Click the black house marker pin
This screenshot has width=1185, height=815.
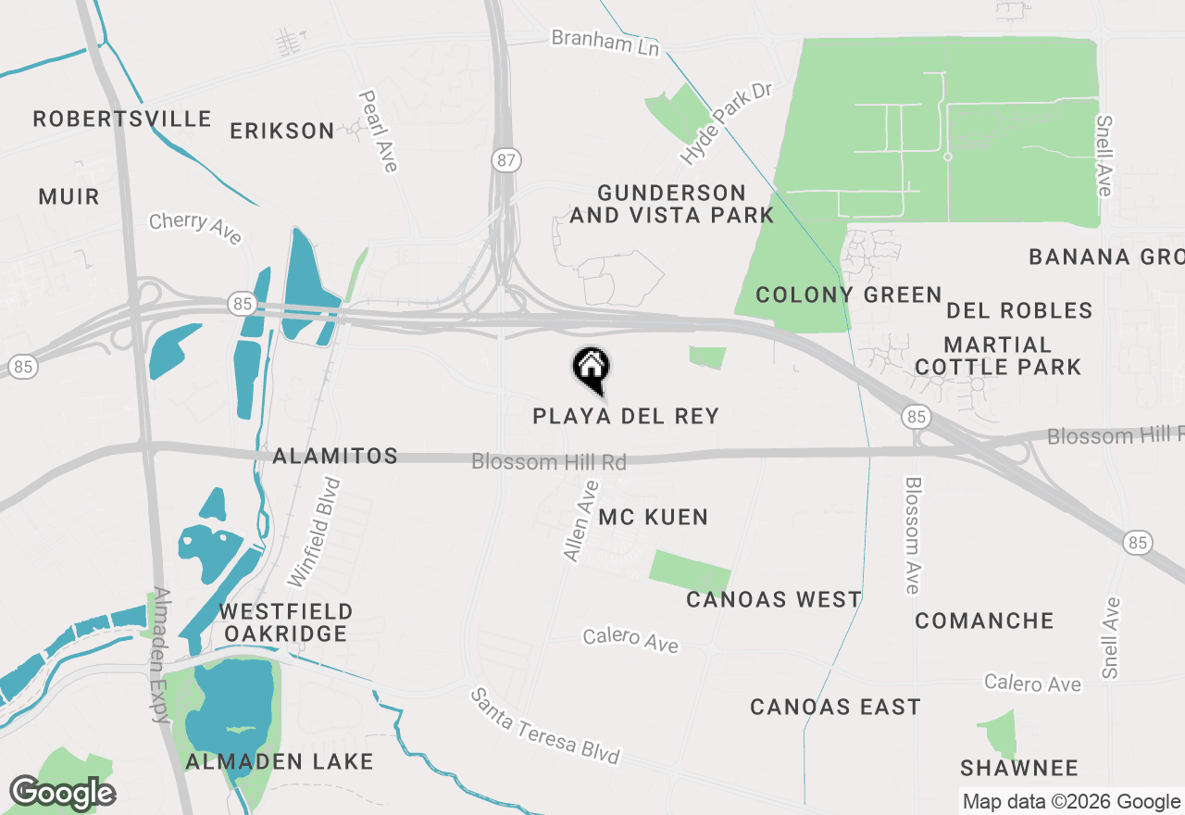tap(591, 368)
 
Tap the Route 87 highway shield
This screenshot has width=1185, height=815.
tap(505, 160)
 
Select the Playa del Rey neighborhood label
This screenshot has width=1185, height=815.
tap(626, 416)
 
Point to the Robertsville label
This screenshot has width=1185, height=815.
tap(122, 119)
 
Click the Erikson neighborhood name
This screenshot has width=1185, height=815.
tap(282, 131)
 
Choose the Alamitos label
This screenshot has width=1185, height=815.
tap(335, 456)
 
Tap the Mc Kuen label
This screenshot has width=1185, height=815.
tap(653, 517)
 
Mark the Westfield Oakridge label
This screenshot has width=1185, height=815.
tap(285, 622)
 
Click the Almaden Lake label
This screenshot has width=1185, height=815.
tap(279, 761)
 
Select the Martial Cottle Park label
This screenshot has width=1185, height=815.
tap(998, 356)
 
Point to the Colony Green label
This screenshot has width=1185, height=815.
tap(848, 295)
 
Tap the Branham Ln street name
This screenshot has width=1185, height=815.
tap(605, 42)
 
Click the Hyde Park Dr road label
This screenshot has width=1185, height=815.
tap(726, 124)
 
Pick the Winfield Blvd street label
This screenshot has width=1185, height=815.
tap(314, 533)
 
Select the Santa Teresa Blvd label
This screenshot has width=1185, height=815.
tap(544, 726)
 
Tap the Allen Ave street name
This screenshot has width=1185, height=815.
tap(580, 520)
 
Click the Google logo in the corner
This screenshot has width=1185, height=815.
tap(62, 793)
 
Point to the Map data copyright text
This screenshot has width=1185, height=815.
tap(1070, 802)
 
